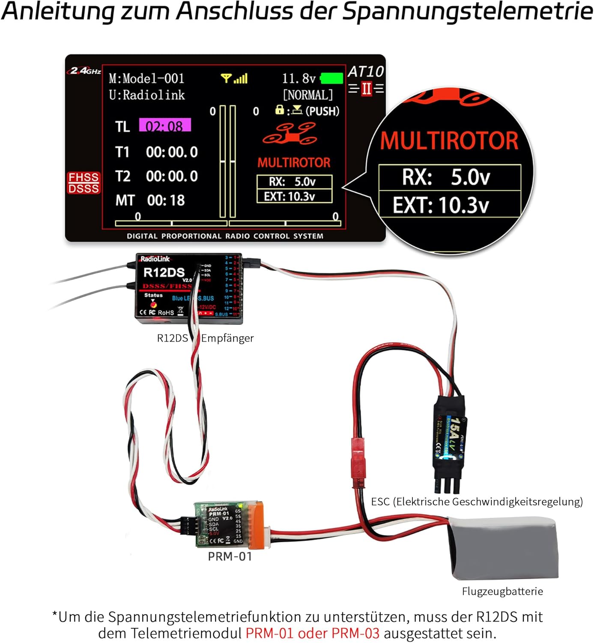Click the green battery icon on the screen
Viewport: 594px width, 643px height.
pyautogui.click(x=331, y=78)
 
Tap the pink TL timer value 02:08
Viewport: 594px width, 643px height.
pyautogui.click(x=165, y=126)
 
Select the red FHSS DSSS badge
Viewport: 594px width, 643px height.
pyautogui.click(x=84, y=183)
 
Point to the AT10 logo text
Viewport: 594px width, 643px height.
pyautogui.click(x=366, y=71)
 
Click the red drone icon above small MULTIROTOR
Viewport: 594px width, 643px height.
pyautogui.click(x=290, y=133)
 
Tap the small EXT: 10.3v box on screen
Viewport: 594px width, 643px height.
pyautogui.click(x=294, y=196)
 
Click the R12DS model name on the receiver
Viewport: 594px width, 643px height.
pyautogui.click(x=164, y=272)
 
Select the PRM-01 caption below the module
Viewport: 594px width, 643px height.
pyautogui.click(x=230, y=556)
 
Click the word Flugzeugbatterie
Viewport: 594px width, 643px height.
pyautogui.click(x=502, y=591)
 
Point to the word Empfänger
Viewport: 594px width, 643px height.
pyautogui.click(x=227, y=338)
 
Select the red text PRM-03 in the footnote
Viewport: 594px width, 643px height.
pyautogui.click(x=355, y=633)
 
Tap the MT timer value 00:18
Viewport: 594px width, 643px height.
pyautogui.click(x=166, y=200)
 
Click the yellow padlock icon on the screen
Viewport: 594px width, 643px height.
pyautogui.click(x=279, y=110)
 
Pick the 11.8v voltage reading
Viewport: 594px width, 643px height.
pyautogui.click(x=298, y=78)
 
